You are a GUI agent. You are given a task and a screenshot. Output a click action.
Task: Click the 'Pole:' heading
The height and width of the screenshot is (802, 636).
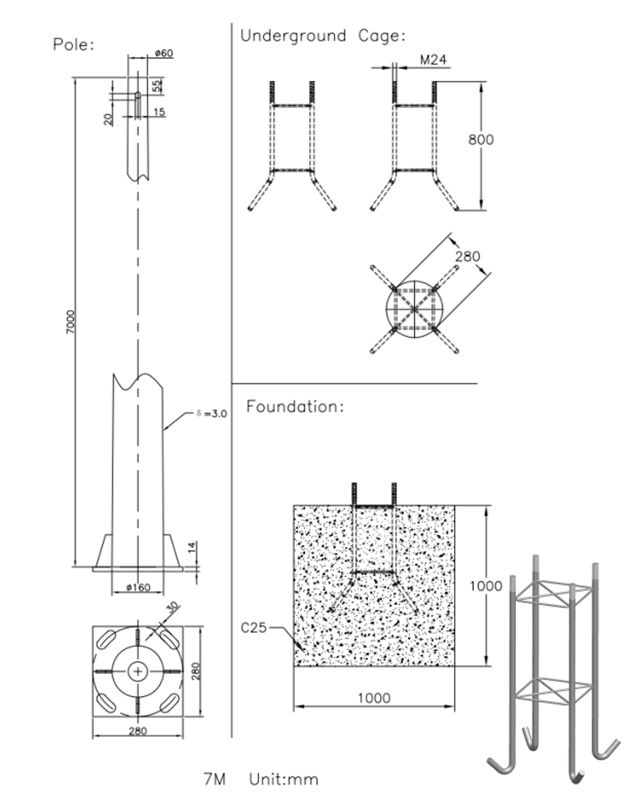click(73, 44)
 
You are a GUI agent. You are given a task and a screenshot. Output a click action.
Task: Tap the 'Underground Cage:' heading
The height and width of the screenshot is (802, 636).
click(323, 36)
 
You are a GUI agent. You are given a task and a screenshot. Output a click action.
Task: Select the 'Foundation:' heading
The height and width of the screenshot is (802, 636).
click(295, 407)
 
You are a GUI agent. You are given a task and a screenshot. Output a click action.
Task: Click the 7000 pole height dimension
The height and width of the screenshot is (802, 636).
click(70, 320)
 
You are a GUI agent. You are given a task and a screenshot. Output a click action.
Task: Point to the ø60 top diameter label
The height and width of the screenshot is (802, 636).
click(164, 53)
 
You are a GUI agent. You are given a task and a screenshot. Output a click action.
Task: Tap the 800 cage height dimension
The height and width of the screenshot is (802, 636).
click(480, 140)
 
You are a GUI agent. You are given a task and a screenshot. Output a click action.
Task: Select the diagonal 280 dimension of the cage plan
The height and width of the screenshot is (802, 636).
click(467, 257)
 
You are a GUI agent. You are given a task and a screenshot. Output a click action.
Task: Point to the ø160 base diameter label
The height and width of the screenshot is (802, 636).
click(138, 587)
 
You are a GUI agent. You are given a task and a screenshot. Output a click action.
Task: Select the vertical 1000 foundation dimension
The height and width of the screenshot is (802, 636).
click(485, 586)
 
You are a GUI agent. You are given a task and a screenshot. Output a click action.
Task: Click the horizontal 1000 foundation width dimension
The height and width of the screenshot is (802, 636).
click(374, 698)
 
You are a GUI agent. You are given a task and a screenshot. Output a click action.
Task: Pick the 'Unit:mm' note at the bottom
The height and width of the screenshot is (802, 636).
click(283, 779)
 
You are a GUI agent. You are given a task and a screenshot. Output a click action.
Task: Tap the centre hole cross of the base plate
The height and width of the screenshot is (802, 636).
click(138, 672)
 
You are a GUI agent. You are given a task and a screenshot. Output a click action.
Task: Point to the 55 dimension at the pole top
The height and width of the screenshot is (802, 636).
click(157, 84)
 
